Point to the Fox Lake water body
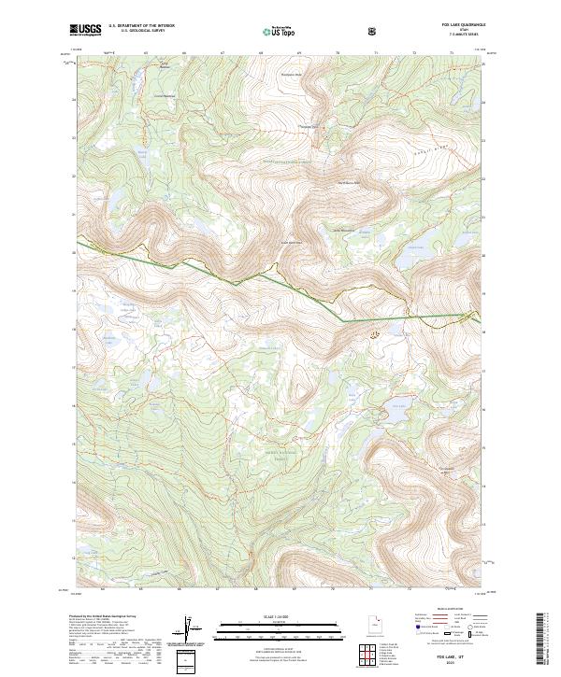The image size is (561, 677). point(398,404)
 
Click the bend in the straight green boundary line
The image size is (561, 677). point(340,322)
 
